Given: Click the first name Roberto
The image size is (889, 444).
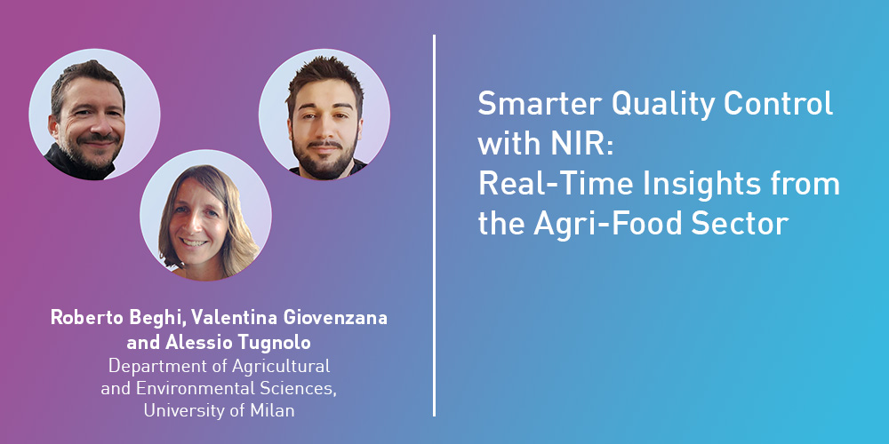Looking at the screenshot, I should coord(86,318).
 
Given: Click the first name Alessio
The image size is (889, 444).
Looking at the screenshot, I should coord(198,342).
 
